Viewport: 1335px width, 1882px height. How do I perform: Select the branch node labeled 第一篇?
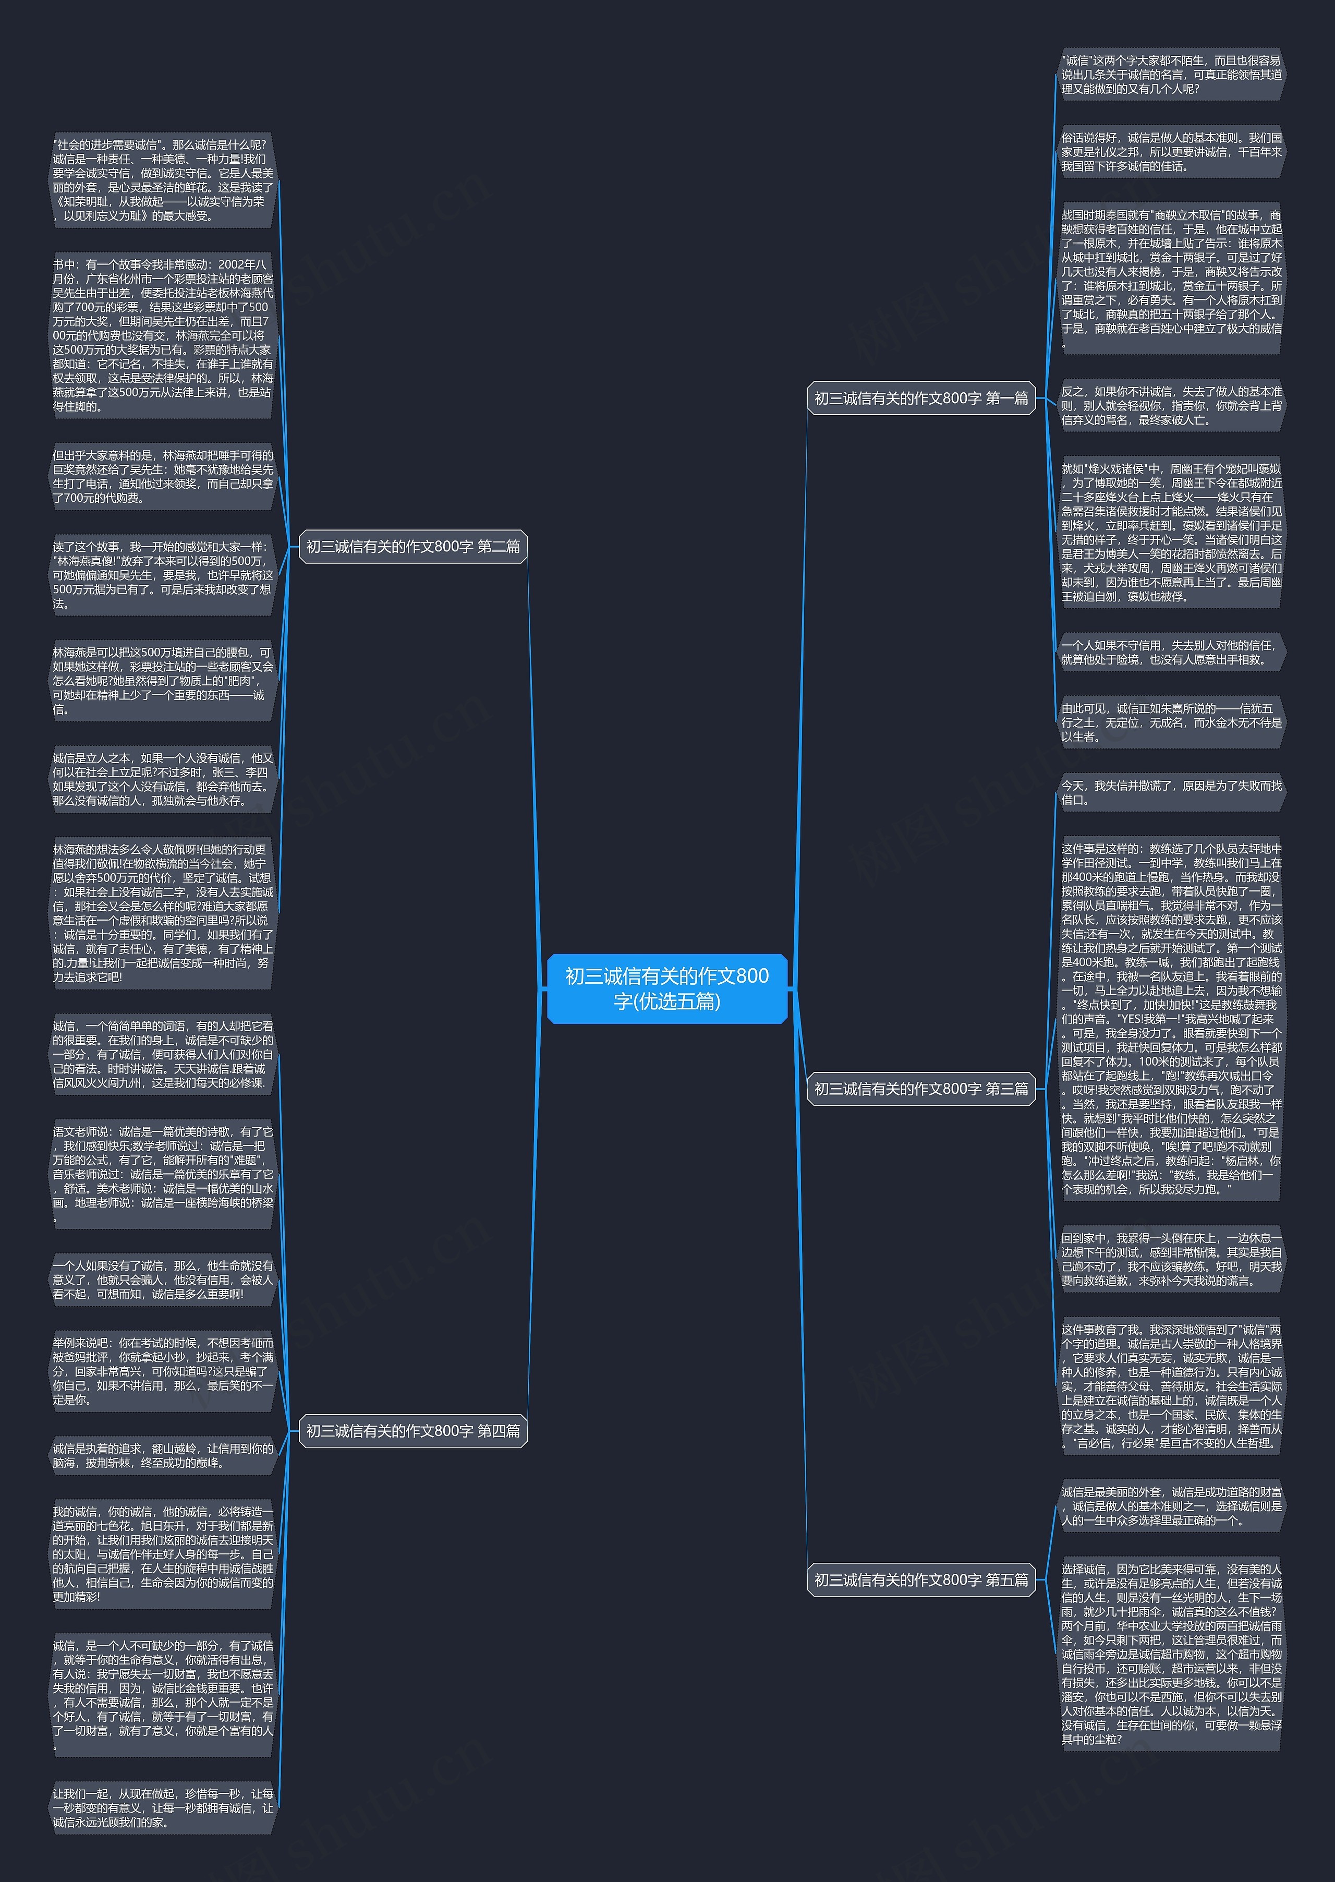pyautogui.click(x=921, y=399)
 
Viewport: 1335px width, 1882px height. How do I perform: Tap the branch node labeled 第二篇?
pyautogui.click(x=412, y=547)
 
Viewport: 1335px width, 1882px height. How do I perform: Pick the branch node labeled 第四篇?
pyautogui.click(x=412, y=1431)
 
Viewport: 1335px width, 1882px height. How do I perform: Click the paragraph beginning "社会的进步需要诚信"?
pyautogui.click(x=162, y=180)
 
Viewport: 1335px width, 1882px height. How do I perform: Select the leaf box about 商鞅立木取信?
pyautogui.click(x=1171, y=279)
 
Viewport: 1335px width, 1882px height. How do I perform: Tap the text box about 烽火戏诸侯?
pyautogui.click(x=1171, y=533)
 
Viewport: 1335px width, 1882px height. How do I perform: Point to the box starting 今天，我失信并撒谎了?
pyautogui.click(x=1171, y=792)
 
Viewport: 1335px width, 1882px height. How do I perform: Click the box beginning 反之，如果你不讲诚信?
pyautogui.click(x=1171, y=405)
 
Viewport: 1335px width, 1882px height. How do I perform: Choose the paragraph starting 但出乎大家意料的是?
pyautogui.click(x=162, y=476)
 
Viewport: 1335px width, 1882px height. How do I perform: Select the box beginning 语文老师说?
pyautogui.click(x=162, y=1173)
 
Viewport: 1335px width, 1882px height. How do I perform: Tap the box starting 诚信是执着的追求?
pyautogui.click(x=162, y=1455)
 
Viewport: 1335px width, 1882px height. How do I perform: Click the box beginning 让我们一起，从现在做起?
pyautogui.click(x=162, y=1808)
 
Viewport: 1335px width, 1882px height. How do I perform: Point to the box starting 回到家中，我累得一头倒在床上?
pyautogui.click(x=1171, y=1259)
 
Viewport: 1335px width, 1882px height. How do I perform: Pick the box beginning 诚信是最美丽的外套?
pyautogui.click(x=1171, y=1505)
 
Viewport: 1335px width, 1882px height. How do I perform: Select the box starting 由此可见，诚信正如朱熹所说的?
pyautogui.click(x=1171, y=722)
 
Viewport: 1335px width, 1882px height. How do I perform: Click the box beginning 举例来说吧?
pyautogui.click(x=162, y=1371)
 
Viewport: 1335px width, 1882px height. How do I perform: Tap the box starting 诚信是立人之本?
pyautogui.click(x=162, y=779)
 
